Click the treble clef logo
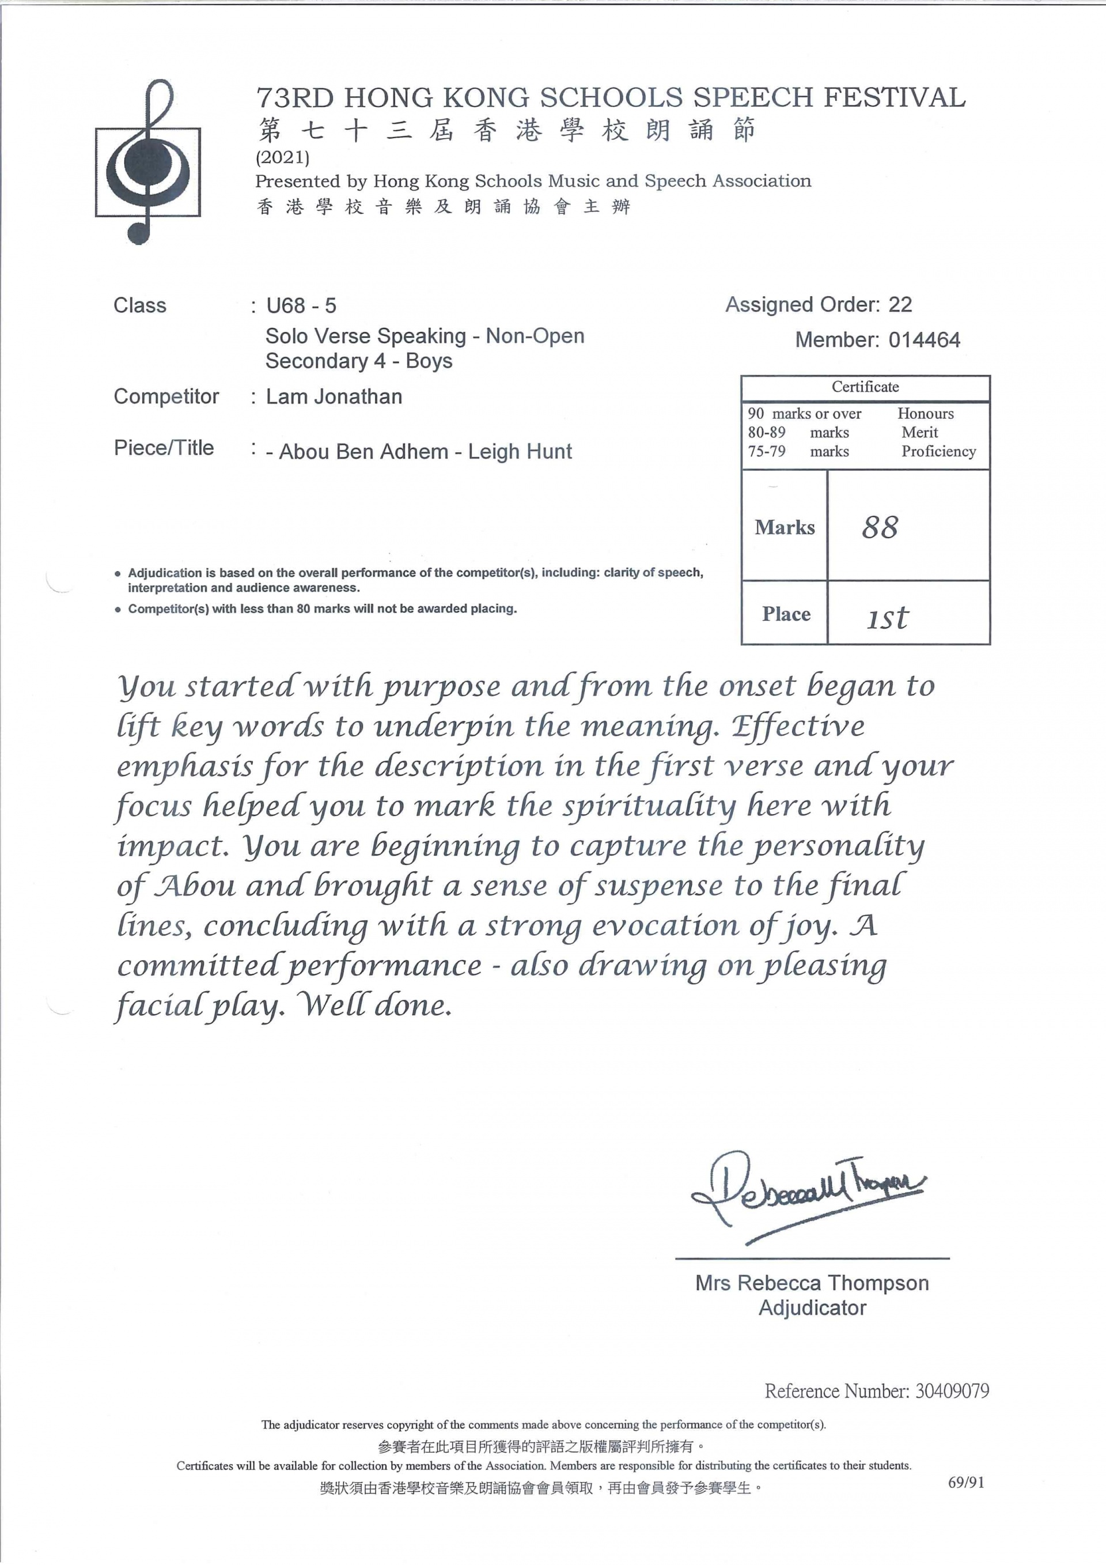pos(148,163)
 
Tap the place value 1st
pos(887,617)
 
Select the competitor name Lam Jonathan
pos(334,396)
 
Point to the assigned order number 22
pos(900,305)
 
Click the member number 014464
pos(924,339)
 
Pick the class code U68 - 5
pos(301,305)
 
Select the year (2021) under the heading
pos(282,157)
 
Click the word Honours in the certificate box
pos(926,414)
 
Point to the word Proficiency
pos(938,451)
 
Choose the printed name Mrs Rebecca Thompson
pos(812,1283)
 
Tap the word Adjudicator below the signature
pos(812,1307)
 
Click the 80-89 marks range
pos(767,432)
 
